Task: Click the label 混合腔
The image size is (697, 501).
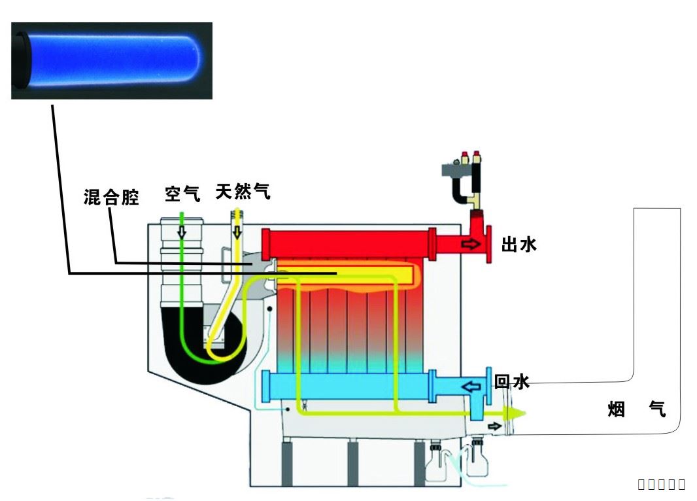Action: pyautogui.click(x=112, y=197)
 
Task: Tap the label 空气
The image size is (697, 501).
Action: pyautogui.click(x=182, y=194)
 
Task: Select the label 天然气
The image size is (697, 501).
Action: pyautogui.click(x=243, y=192)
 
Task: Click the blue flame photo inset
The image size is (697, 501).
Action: pyautogui.click(x=112, y=60)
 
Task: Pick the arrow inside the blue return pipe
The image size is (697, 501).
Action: pyautogui.click(x=469, y=386)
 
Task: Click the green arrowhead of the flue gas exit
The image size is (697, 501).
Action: pyautogui.click(x=516, y=413)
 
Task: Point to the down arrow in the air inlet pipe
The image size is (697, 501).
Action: pyautogui.click(x=183, y=233)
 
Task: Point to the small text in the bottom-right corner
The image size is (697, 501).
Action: pyautogui.click(x=661, y=484)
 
